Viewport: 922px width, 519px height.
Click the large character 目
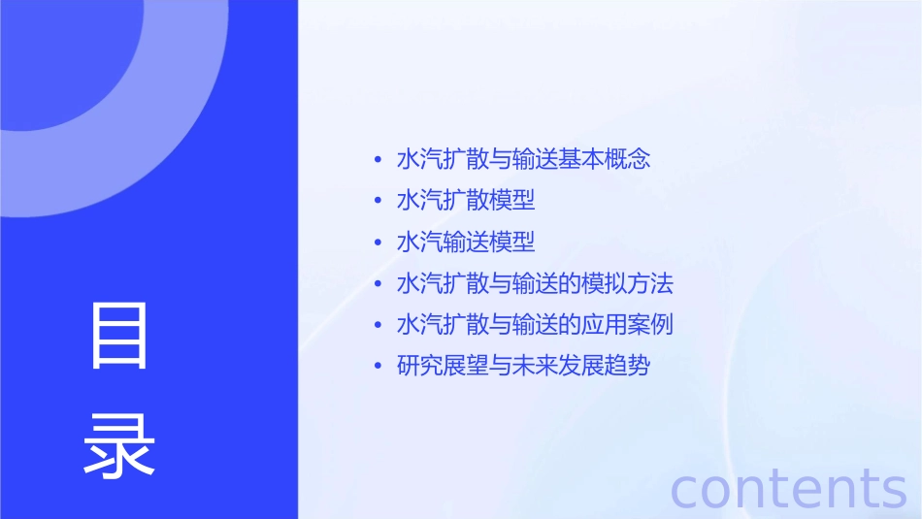[x=119, y=336]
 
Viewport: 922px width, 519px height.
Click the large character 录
[x=119, y=444]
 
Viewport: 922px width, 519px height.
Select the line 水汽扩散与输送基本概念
[x=523, y=159]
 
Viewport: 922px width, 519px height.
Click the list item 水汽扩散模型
[x=466, y=201]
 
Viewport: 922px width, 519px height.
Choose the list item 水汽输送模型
[x=466, y=242]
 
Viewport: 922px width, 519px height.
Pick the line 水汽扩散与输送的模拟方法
[x=535, y=283]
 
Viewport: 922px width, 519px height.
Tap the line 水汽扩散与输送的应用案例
[x=535, y=324]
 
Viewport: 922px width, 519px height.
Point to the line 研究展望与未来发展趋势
[x=523, y=366]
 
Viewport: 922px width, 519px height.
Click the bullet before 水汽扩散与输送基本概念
[x=378, y=160]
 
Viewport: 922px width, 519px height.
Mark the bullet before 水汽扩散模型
[x=378, y=202]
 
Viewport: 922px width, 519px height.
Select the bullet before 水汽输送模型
[x=378, y=243]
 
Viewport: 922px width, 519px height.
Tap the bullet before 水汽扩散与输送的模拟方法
[x=378, y=284]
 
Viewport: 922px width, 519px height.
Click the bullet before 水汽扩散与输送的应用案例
[x=378, y=325]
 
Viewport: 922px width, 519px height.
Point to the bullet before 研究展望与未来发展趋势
[x=378, y=367]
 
